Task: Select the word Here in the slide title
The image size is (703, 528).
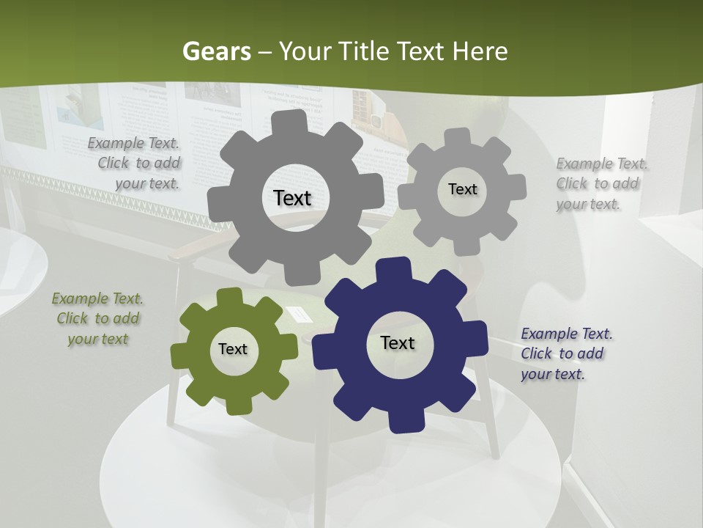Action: [480, 51]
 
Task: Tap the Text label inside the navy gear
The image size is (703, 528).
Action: [398, 343]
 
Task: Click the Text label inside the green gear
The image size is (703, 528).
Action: [233, 349]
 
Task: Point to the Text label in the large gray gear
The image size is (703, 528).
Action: [293, 198]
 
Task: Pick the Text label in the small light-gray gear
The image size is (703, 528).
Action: [462, 189]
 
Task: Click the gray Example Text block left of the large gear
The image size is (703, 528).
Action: [135, 164]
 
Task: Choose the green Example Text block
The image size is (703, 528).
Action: [98, 319]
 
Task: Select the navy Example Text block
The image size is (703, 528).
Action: [565, 353]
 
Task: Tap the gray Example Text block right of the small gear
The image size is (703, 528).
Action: [600, 183]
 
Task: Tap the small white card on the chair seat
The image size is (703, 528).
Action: [300, 315]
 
